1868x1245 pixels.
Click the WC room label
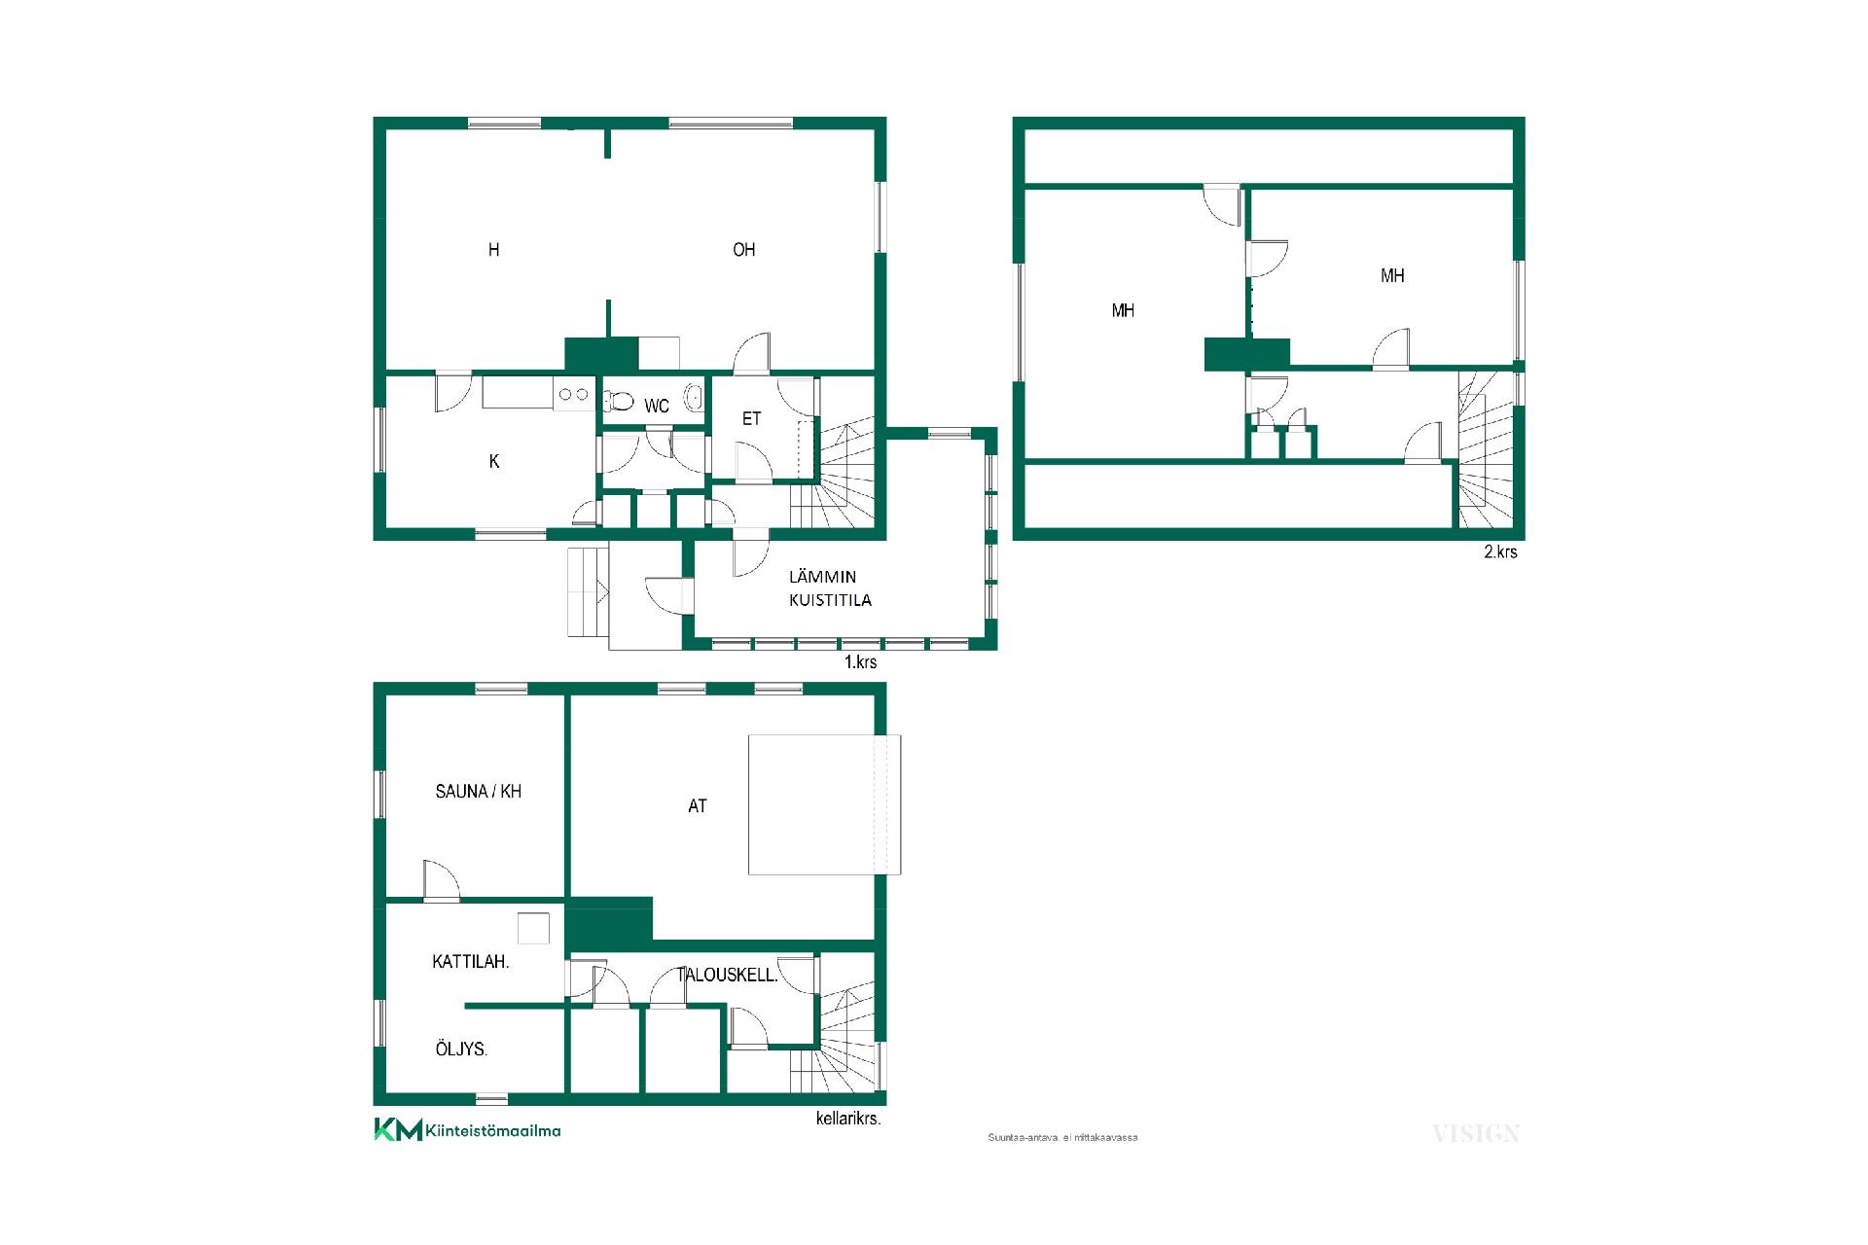pos(657,407)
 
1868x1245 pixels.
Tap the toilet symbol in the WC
pos(619,400)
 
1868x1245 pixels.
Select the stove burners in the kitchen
pos(574,394)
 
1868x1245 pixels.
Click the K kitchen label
pos(494,462)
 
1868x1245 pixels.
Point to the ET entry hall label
pos(751,419)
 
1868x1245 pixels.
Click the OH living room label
pos(744,250)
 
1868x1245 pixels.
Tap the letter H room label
pos(494,250)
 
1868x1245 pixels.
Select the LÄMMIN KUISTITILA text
pos(830,588)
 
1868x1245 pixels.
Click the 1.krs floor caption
pos(860,662)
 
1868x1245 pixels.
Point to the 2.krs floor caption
pos(1500,551)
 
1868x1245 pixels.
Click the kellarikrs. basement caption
pos(848,1119)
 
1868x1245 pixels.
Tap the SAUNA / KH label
pos(479,792)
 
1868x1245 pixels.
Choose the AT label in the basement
pos(698,806)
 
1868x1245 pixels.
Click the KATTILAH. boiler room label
pos(471,962)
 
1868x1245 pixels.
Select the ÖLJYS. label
pos(461,1049)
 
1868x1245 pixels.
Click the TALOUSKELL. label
pos(728,975)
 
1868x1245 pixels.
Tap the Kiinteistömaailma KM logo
pos(467,1130)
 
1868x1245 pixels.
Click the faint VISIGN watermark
pos(1476,1133)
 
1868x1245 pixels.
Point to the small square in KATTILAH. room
pos(533,928)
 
